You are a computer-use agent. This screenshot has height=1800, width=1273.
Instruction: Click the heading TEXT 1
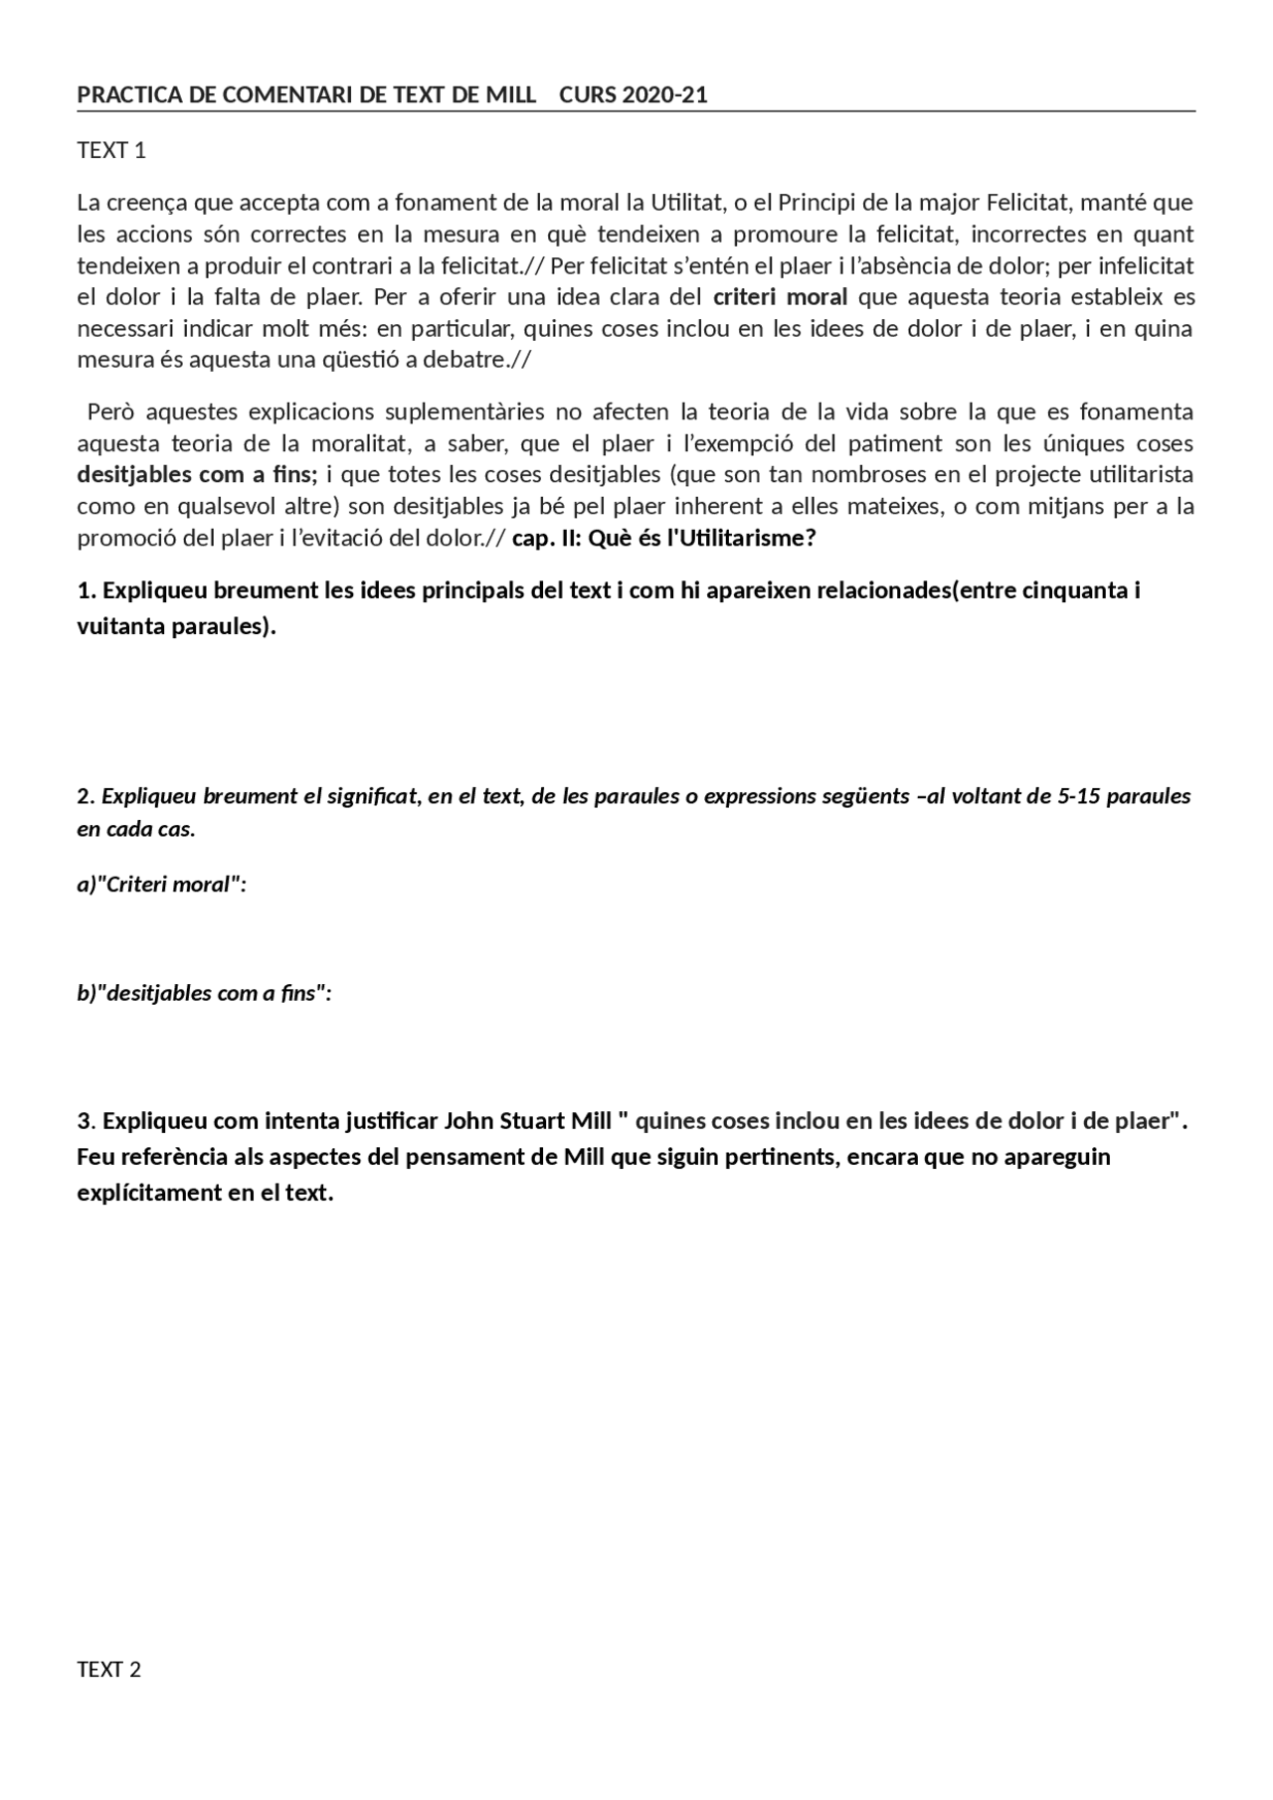pyautogui.click(x=111, y=150)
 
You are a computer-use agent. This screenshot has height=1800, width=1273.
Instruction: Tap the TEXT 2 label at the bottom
pyautogui.click(x=109, y=1669)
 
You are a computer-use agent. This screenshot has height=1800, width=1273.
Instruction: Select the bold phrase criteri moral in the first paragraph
pyautogui.click(x=780, y=297)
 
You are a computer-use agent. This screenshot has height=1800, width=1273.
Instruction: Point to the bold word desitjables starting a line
pyautogui.click(x=134, y=474)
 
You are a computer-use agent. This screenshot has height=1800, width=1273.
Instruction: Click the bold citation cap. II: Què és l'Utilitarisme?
pyautogui.click(x=663, y=538)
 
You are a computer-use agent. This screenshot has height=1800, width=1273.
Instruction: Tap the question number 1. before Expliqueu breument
pyautogui.click(x=87, y=590)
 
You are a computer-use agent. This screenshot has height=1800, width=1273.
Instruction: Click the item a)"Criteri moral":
pyautogui.click(x=161, y=884)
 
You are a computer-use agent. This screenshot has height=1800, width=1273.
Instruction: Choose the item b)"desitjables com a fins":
pyautogui.click(x=204, y=993)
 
